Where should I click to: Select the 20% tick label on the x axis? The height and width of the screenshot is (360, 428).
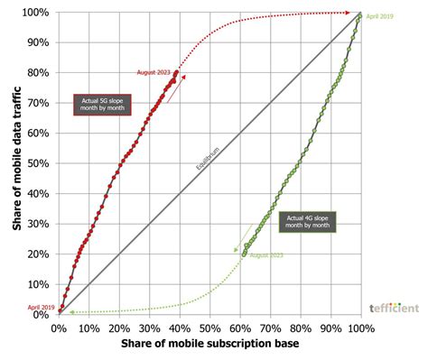pos(119,328)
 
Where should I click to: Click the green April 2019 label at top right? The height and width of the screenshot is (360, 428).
pos(381,16)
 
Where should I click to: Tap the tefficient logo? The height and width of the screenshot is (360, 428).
pos(394,308)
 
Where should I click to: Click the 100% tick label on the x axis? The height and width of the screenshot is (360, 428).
pos(360,328)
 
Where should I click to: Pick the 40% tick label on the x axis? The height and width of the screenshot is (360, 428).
pos(180,328)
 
